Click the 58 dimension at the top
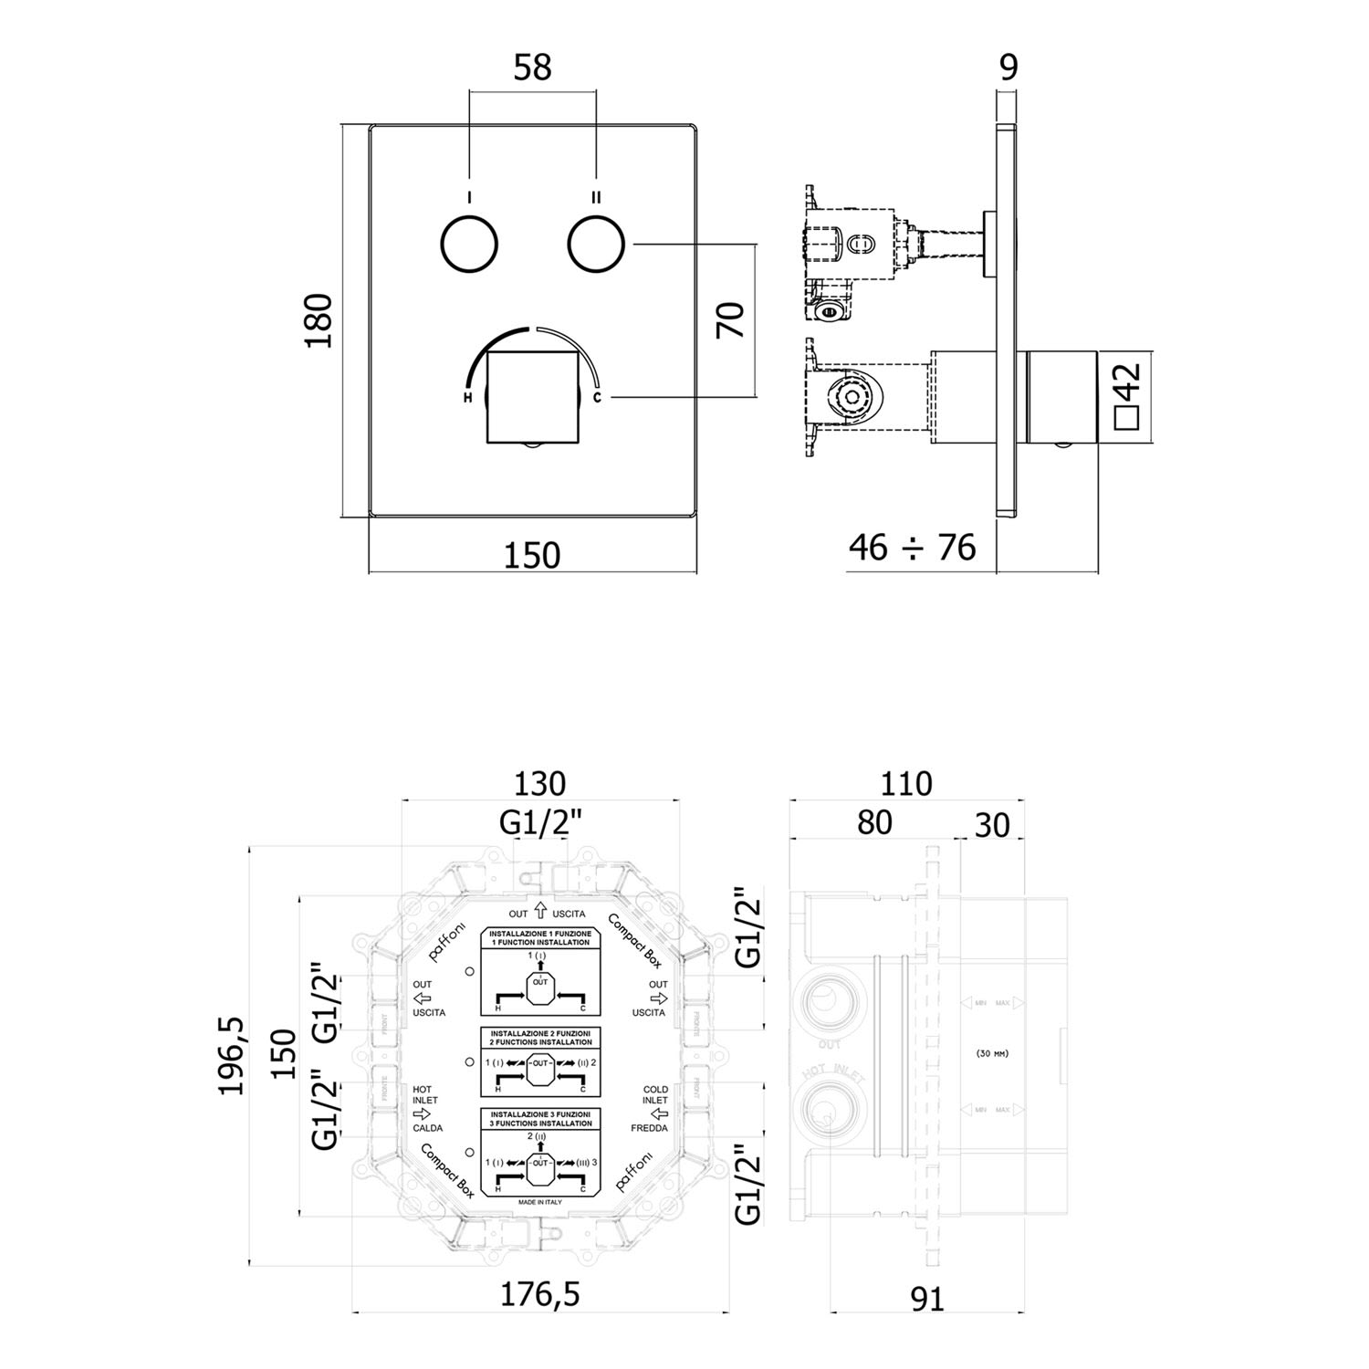point(533,68)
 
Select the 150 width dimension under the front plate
point(532,554)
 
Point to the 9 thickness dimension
point(1008,68)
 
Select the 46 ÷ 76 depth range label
point(912,548)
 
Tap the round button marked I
point(469,244)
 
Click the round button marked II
point(596,244)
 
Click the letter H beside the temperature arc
point(467,399)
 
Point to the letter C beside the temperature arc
point(597,398)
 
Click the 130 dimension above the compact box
point(540,784)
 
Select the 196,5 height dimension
point(232,1055)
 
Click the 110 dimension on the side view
point(907,784)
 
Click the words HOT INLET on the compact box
point(425,1094)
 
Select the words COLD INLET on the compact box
point(655,1094)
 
